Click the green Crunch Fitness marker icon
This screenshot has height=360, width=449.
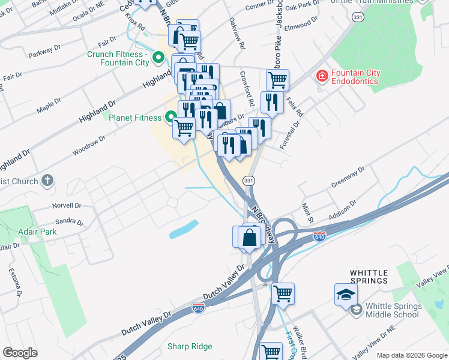[158, 58]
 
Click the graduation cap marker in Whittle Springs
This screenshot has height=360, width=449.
[346, 295]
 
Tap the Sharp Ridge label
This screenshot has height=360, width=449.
[190, 346]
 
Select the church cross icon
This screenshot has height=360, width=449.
[47, 181]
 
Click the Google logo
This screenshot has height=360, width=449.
[20, 353]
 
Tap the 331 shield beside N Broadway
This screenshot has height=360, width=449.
[249, 181]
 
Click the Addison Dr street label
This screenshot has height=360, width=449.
[342, 211]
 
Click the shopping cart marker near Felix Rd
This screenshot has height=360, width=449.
[277, 79]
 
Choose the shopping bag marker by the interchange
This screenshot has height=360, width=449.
[249, 237]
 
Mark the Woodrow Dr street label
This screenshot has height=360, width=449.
[89, 146]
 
